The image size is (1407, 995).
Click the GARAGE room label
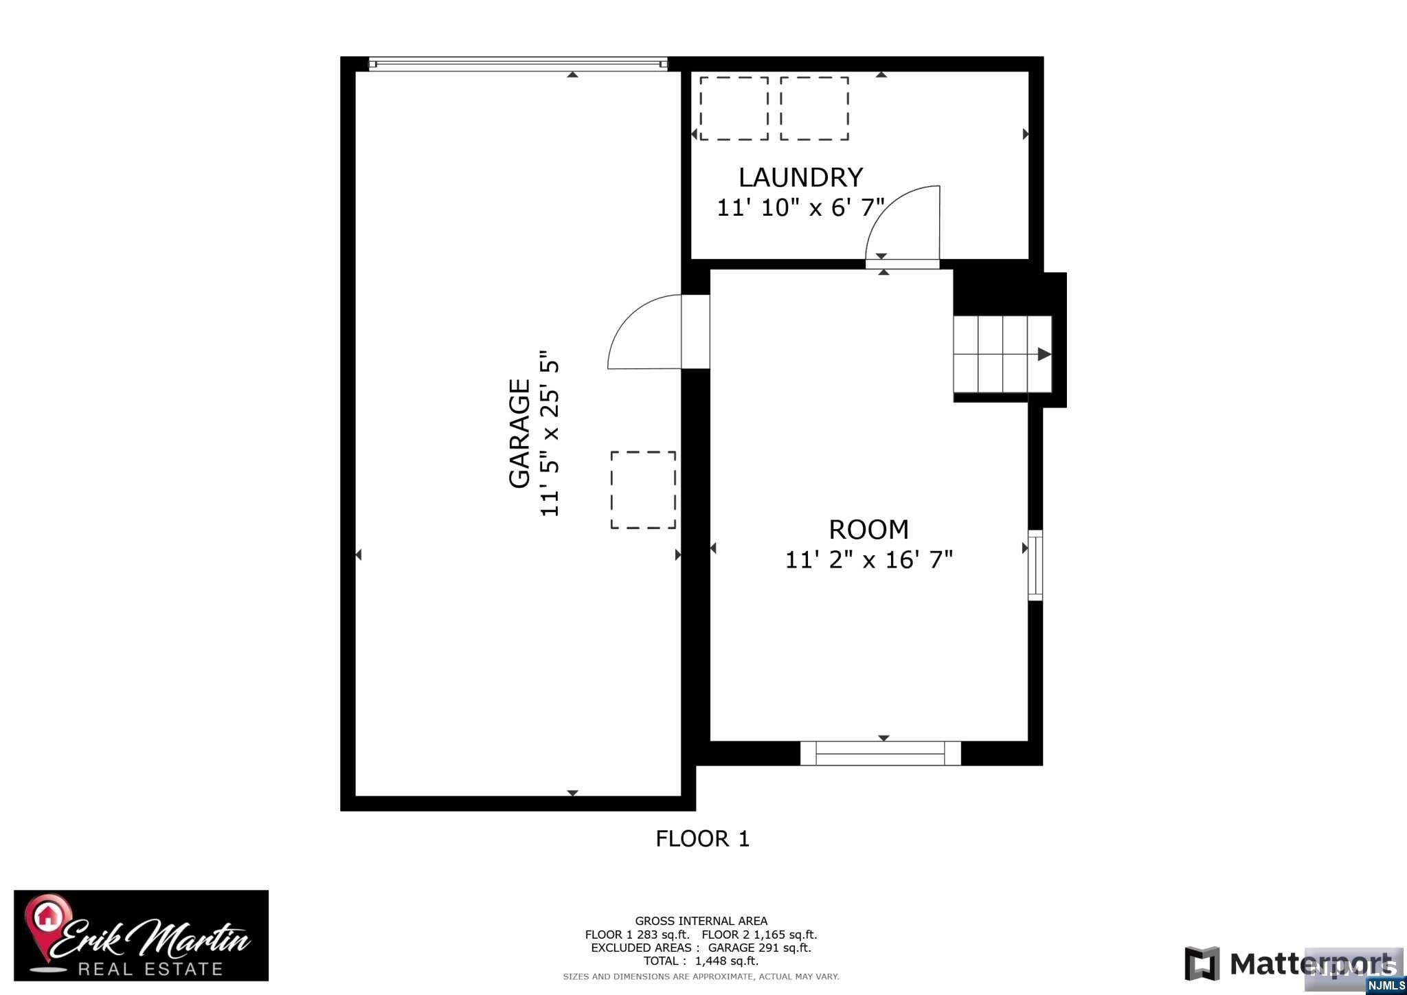[x=519, y=434]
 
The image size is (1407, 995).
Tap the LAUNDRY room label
[x=800, y=177]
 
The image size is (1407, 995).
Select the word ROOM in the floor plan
[x=868, y=530]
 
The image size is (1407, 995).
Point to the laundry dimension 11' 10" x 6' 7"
[x=800, y=207]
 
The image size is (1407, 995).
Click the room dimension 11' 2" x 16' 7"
[x=869, y=559]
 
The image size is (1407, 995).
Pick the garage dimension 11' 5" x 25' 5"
[x=550, y=434]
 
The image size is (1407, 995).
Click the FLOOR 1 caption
[x=702, y=838]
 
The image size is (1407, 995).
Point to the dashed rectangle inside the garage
[x=643, y=490]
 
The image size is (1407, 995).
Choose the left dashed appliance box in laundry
[x=734, y=109]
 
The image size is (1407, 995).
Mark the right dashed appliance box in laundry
[x=814, y=109]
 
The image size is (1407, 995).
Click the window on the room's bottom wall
[x=881, y=753]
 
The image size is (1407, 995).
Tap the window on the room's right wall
[x=1035, y=565]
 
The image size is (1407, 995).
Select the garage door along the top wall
[x=518, y=64]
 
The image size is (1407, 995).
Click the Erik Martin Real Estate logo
[x=142, y=935]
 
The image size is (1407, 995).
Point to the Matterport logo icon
[x=1202, y=963]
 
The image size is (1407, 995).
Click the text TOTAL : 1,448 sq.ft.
[x=701, y=961]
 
